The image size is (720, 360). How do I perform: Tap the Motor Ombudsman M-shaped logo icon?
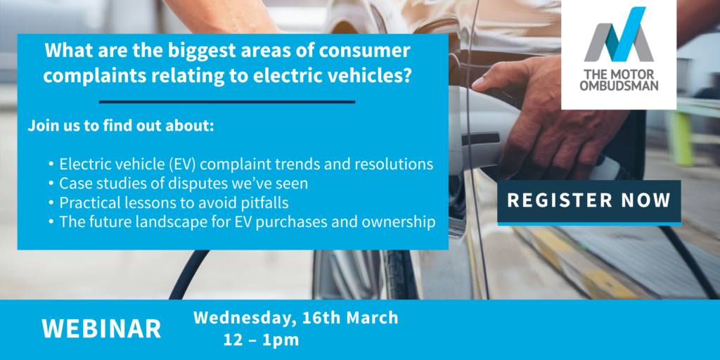point(619,35)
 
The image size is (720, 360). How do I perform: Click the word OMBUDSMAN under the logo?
point(619,86)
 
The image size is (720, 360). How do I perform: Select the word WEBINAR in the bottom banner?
point(101,329)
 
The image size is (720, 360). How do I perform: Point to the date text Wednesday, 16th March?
point(296,318)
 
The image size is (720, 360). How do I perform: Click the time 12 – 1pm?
point(262,340)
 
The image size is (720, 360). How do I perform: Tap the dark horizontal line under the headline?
point(227,101)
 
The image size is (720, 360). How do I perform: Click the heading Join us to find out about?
point(121,127)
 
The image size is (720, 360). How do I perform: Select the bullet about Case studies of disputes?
point(179,184)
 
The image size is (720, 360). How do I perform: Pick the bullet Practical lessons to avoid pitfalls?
point(169,202)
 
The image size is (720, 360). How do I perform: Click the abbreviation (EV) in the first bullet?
point(186,165)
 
